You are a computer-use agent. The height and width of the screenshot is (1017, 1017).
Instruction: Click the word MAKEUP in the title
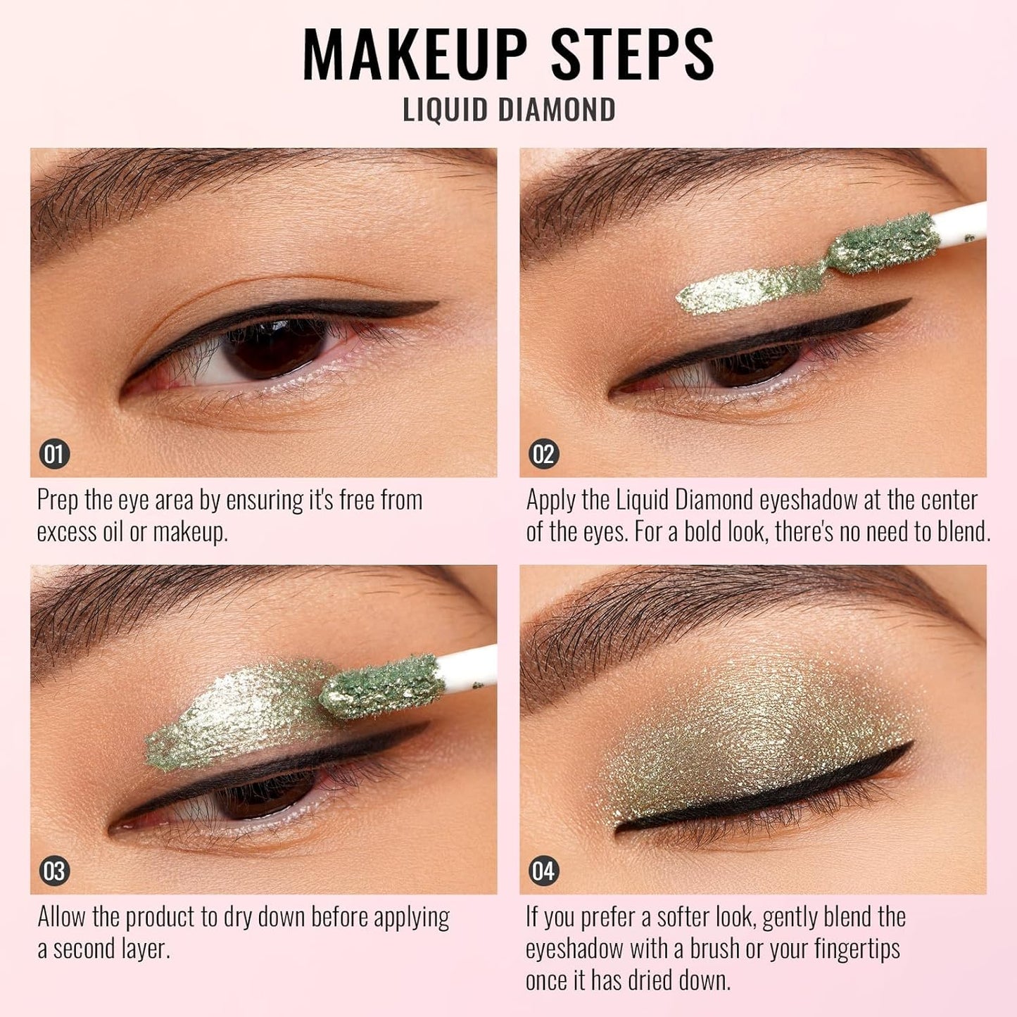coord(415,54)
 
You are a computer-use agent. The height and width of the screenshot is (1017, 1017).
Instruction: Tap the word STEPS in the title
coord(632,54)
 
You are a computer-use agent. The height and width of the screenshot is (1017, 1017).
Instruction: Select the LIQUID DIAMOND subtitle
coord(509,110)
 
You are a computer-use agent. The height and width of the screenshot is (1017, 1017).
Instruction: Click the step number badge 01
coord(54,454)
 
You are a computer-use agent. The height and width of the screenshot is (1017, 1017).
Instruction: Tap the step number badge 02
coord(543,454)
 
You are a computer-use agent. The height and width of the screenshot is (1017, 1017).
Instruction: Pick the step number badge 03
coord(54,871)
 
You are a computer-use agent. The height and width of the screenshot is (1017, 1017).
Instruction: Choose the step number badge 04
coord(543,871)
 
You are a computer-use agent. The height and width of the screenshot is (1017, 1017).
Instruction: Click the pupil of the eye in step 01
coord(274,345)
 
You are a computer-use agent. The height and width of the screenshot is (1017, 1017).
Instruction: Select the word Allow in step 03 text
coord(62,918)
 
